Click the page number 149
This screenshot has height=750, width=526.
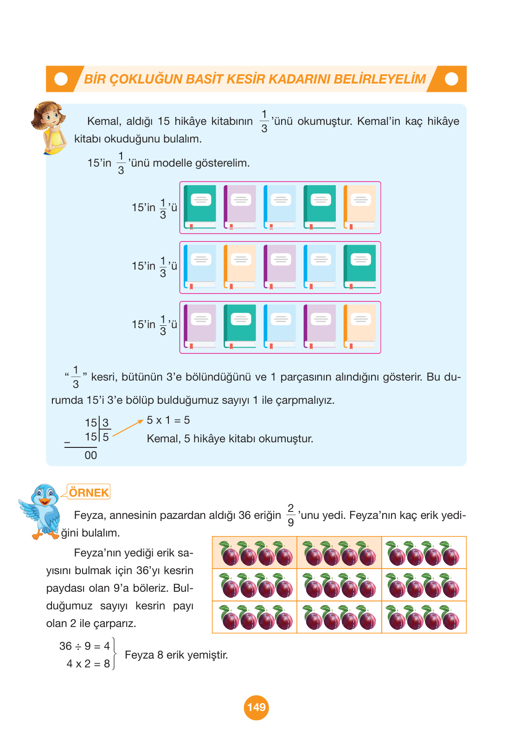(x=257, y=707)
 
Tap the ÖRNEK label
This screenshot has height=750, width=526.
(x=89, y=492)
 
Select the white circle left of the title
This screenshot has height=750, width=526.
(x=61, y=79)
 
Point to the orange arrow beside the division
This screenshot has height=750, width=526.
(x=128, y=428)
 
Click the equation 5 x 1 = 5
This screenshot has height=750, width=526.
(x=168, y=420)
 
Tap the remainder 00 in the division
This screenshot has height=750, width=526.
(x=90, y=455)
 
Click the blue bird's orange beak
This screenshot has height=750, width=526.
(x=45, y=501)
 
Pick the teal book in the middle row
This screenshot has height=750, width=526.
(x=359, y=267)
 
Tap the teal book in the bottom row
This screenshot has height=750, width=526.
(x=240, y=326)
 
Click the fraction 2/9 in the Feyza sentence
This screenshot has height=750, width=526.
(x=291, y=515)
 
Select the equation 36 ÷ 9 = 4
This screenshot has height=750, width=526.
(x=85, y=646)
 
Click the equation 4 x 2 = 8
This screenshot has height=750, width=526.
(x=88, y=664)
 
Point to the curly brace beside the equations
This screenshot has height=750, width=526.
(x=115, y=653)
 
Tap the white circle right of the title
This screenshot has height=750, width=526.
(x=451, y=79)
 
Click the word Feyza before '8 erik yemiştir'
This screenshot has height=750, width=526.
(x=140, y=655)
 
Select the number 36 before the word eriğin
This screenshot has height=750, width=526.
(x=245, y=515)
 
